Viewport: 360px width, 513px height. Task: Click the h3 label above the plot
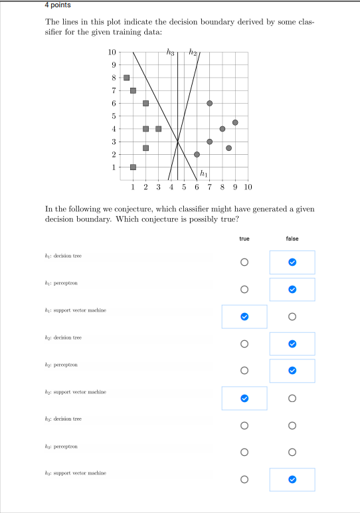[x=171, y=52]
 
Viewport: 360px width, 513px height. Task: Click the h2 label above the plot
[x=193, y=52]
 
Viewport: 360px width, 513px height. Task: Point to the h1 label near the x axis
[x=204, y=174]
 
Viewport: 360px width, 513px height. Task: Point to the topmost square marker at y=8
[x=126, y=78]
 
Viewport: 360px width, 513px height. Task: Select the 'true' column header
[x=244, y=239]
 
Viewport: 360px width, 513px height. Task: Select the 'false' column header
[x=292, y=239]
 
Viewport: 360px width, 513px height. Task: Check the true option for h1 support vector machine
[x=244, y=316]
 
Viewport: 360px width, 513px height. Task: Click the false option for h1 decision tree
[x=292, y=262]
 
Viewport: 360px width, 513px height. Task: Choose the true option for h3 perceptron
[x=244, y=453]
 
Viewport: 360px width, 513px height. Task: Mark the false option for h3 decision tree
[x=292, y=425]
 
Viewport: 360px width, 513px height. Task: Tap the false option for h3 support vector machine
[x=292, y=479]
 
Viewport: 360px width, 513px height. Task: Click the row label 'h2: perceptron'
[x=63, y=365]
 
